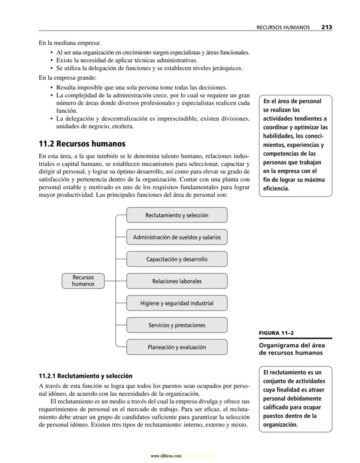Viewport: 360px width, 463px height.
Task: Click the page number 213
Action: pos(327,27)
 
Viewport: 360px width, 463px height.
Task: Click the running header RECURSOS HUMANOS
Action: pos(283,27)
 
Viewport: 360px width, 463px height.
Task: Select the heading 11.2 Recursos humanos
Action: pos(82,144)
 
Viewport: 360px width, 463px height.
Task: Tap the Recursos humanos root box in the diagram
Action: pos(83,281)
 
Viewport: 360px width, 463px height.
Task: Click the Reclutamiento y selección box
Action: pos(177,215)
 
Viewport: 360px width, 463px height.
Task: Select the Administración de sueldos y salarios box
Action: pos(177,237)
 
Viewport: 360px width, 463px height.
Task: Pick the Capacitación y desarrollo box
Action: pos(177,259)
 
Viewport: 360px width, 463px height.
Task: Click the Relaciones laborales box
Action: pos(177,281)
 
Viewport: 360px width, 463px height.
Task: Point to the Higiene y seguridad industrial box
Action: pos(177,303)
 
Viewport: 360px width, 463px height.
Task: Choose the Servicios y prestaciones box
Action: pos(177,325)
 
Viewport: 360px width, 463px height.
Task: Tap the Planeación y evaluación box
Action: pos(177,347)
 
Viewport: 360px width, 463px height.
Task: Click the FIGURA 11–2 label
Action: pos(276,333)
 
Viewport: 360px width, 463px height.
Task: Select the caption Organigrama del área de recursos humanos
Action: pos(292,349)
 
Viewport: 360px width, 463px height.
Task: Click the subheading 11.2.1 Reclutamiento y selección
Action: pos(85,376)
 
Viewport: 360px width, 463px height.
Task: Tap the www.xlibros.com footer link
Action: pos(166,456)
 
